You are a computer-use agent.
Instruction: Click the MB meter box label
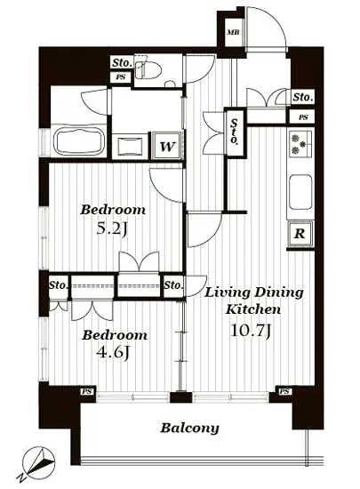[x=233, y=32]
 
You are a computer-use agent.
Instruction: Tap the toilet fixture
[x=148, y=69]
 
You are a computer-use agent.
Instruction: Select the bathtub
[x=78, y=141]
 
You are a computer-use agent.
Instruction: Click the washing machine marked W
[x=167, y=146]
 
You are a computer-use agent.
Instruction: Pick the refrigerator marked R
[x=300, y=234]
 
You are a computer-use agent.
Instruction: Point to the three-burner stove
[x=300, y=144]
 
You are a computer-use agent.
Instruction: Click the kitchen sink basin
[x=300, y=192]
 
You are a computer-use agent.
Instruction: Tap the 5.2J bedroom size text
[x=112, y=230]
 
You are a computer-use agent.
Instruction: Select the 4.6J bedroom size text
[x=113, y=353]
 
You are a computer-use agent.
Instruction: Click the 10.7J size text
[x=251, y=331]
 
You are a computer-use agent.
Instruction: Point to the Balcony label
[x=189, y=429]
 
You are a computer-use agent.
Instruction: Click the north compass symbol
[x=38, y=463]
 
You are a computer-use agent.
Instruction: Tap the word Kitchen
[x=252, y=309]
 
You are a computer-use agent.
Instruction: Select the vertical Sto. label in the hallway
[x=234, y=132]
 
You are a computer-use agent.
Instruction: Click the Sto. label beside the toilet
[x=122, y=63]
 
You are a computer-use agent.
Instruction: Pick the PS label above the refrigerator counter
[x=302, y=117]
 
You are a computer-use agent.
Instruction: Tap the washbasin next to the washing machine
[x=131, y=146]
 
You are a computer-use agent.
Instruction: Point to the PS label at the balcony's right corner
[x=284, y=391]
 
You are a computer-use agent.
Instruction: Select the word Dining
[x=279, y=293]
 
